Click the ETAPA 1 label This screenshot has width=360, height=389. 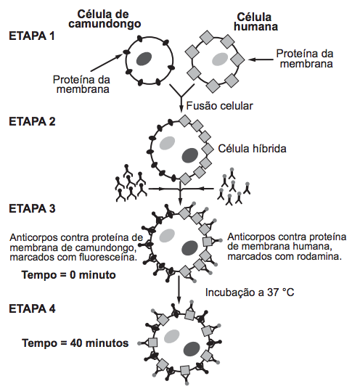pyautogui.click(x=32, y=36)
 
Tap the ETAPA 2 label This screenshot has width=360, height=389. pyautogui.click(x=32, y=122)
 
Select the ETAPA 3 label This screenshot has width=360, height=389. pyautogui.click(x=32, y=208)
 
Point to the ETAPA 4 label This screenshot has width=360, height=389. pyautogui.click(x=32, y=309)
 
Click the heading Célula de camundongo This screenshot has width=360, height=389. pyautogui.click(x=105, y=19)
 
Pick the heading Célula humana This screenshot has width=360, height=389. pyautogui.click(x=255, y=22)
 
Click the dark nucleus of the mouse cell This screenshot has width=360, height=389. pyautogui.click(x=144, y=59)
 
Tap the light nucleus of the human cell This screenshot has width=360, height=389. pyautogui.click(x=220, y=59)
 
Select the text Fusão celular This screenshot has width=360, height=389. pyautogui.click(x=220, y=106)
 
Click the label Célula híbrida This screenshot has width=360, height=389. pyautogui.click(x=252, y=149)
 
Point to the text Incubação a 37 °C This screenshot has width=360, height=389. pyautogui.click(x=250, y=292)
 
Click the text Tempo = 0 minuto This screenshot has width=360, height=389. pyautogui.click(x=69, y=275)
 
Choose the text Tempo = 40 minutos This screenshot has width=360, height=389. pyautogui.click(x=75, y=343)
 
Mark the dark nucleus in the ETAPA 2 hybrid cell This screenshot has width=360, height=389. pyautogui.click(x=190, y=155)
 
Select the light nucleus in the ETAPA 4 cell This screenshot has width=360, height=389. pyautogui.click(x=172, y=336)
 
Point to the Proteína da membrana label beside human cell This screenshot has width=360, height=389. pyautogui.click(x=305, y=59)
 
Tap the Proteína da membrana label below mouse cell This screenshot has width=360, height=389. pyautogui.click(x=81, y=84)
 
